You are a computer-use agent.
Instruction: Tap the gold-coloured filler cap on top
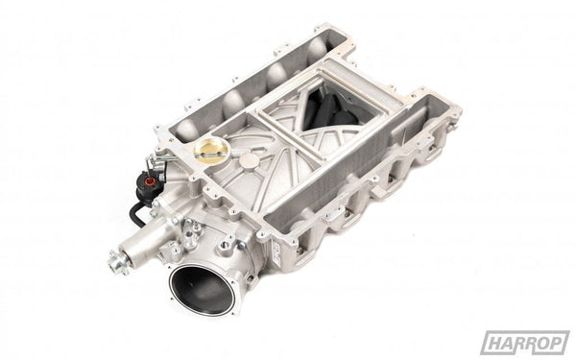click(210, 150)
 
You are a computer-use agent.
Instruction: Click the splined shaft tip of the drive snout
click(118, 258)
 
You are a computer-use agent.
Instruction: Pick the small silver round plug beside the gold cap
click(249, 161)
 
